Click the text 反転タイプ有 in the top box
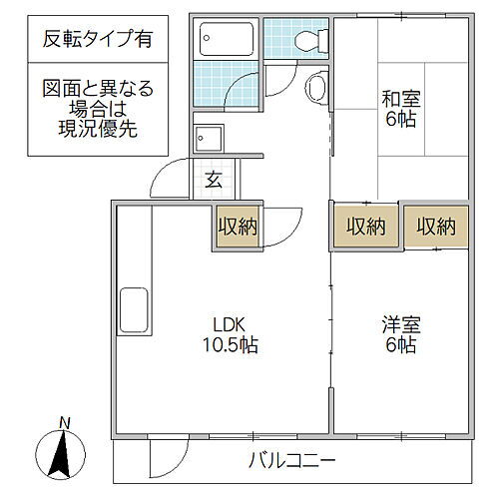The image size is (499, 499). [x=98, y=42]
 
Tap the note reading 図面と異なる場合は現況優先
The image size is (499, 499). [x=98, y=111]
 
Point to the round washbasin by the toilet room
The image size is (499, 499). [x=316, y=89]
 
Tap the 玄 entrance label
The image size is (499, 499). [x=214, y=180]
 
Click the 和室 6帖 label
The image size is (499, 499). [x=398, y=109]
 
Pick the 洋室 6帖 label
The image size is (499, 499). [x=398, y=334]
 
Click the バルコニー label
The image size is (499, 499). [x=290, y=460]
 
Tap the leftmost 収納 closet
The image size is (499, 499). [x=238, y=227]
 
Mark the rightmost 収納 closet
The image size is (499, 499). [x=436, y=227]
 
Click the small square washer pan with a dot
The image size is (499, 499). [x=211, y=138]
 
